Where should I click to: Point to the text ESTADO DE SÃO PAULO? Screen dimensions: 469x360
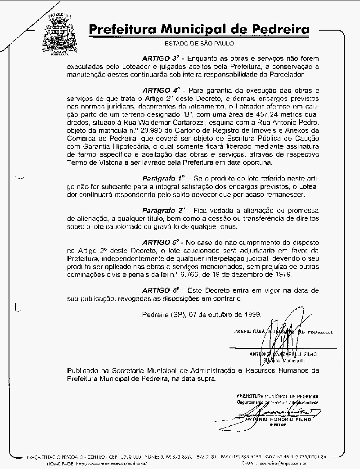[199, 44]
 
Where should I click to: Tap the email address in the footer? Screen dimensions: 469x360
[284, 463]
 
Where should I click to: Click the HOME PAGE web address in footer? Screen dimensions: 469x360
[112, 463]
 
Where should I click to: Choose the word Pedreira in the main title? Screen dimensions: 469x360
[276, 30]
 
